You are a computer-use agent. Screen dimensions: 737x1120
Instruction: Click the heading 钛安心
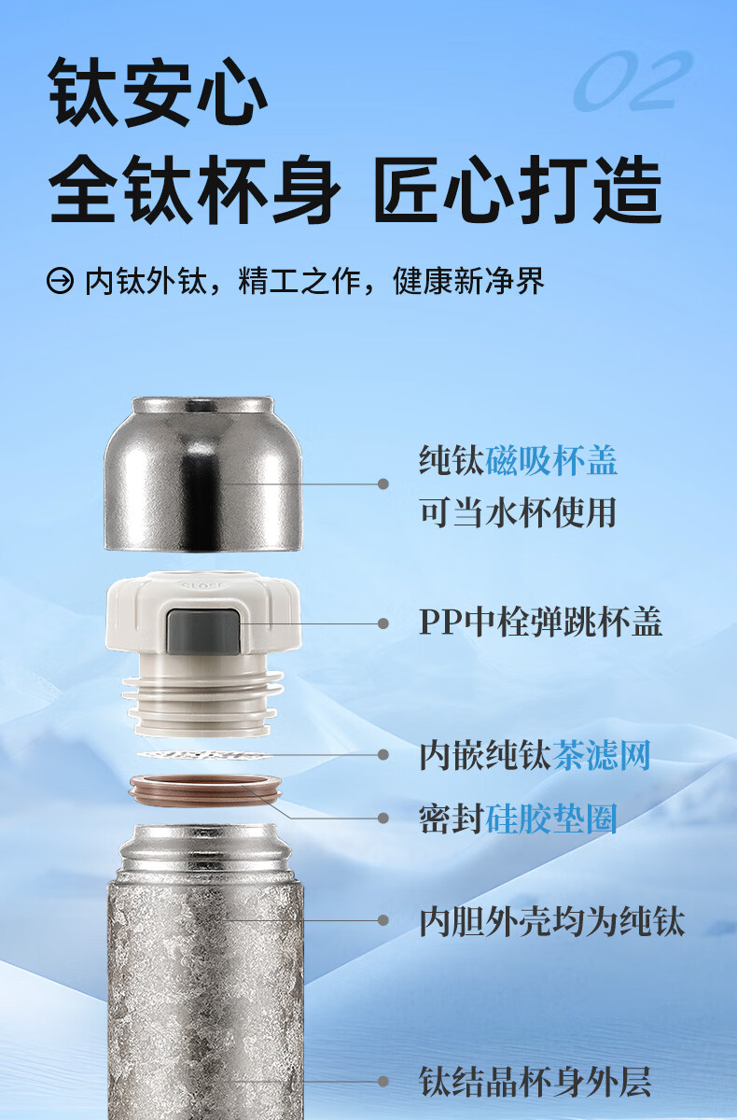point(158,91)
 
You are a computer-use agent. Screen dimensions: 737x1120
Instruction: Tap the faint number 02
point(633,80)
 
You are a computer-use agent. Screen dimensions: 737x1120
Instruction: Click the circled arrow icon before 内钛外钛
point(60,281)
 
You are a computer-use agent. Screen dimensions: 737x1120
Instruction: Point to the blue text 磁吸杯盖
point(551,460)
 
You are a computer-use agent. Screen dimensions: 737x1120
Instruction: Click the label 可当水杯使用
point(518,512)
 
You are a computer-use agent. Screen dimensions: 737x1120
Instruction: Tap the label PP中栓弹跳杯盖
point(541,622)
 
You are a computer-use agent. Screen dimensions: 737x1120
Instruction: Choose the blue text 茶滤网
point(601,755)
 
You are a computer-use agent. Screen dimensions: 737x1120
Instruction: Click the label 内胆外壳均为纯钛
point(551,921)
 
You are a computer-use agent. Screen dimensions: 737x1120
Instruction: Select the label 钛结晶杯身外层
point(535,1081)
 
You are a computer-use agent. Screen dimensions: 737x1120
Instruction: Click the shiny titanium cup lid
point(202,474)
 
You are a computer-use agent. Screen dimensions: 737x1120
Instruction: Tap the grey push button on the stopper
point(202,631)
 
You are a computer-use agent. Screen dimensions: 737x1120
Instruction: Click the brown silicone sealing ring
point(205,791)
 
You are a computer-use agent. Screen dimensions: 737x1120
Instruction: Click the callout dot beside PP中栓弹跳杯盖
point(383,623)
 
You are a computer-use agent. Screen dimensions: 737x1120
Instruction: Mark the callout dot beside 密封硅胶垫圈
point(383,818)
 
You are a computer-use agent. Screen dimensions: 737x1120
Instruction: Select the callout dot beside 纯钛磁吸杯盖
point(383,483)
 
